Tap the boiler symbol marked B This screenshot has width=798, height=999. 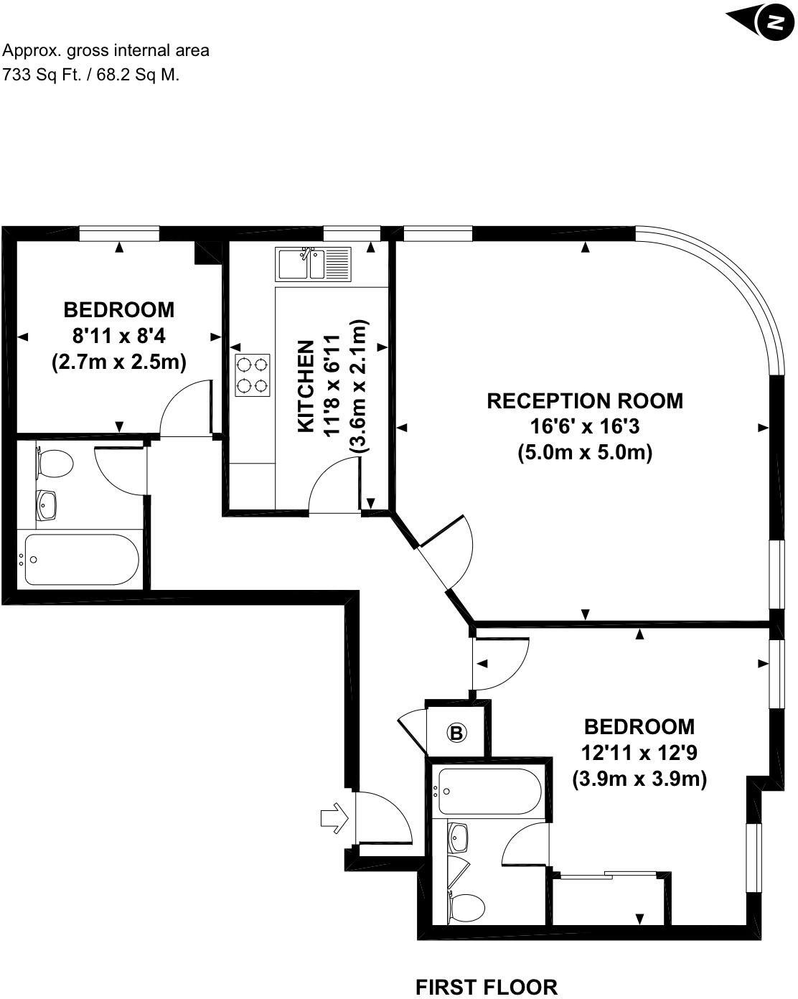pos(456,733)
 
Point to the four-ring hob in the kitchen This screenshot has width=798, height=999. pos(253,375)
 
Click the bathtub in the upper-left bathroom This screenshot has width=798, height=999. pos(80,559)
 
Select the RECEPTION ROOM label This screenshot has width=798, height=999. pos(585,400)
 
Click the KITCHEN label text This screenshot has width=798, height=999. pos(306,385)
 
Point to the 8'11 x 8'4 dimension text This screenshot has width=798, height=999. pos(119,336)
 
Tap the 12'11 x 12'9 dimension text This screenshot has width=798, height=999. pos(639,753)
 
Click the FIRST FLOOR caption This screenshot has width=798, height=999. pos(487,987)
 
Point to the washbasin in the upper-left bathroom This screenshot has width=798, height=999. pos(48,505)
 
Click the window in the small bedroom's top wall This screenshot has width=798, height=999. pos(119,233)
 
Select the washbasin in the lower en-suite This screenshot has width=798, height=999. pos(459,837)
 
